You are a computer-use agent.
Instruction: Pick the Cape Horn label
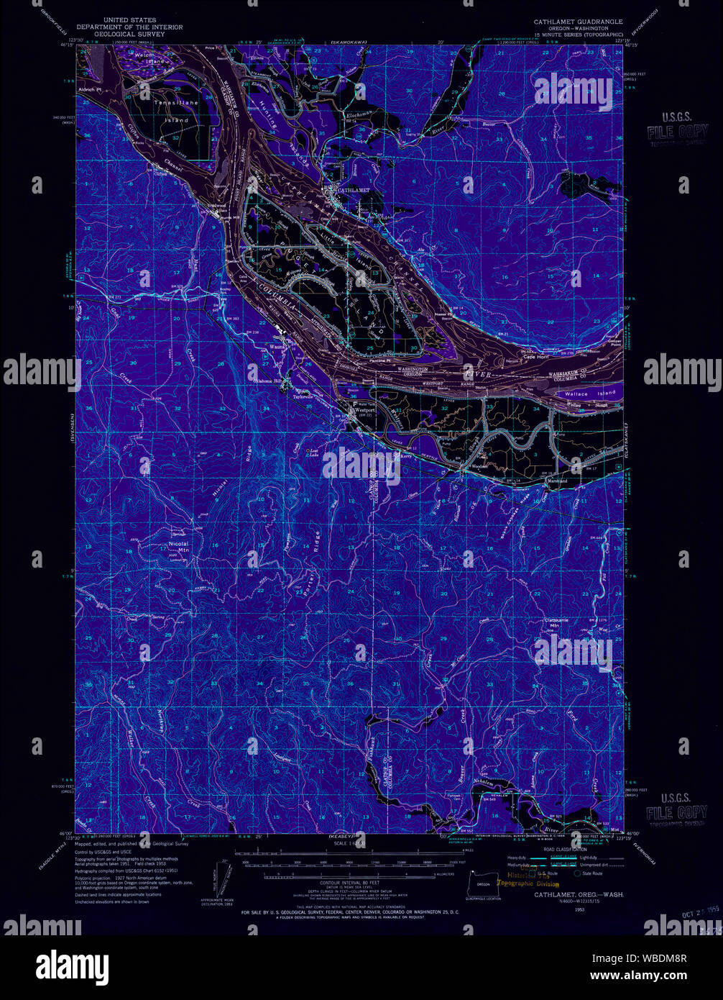click(x=536, y=358)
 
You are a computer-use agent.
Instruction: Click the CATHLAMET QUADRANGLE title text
click(x=579, y=22)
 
